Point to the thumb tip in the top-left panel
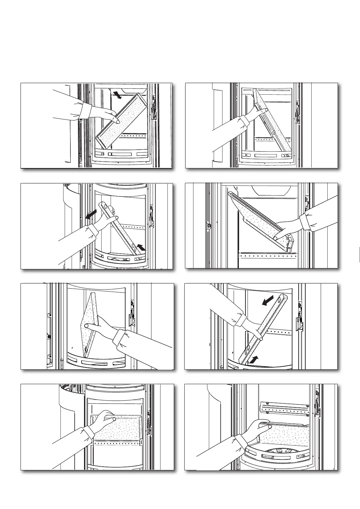coord(117,121)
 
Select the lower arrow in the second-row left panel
coord(141,248)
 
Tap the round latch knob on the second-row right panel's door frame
coord(209,225)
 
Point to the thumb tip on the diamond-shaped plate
coord(86,326)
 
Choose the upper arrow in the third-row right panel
coord(269,301)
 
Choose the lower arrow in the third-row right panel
coord(254,359)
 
